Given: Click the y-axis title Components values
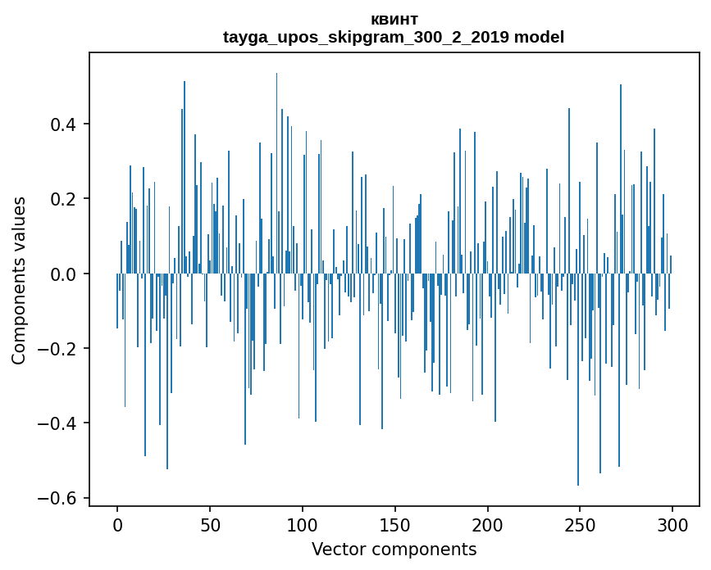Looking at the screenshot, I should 19,280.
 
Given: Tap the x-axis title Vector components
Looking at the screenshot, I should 394,550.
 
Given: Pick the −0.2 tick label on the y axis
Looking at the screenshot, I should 60,349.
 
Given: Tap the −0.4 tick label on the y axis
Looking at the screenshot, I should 60,423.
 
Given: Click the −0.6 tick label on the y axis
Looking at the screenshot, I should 60,498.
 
